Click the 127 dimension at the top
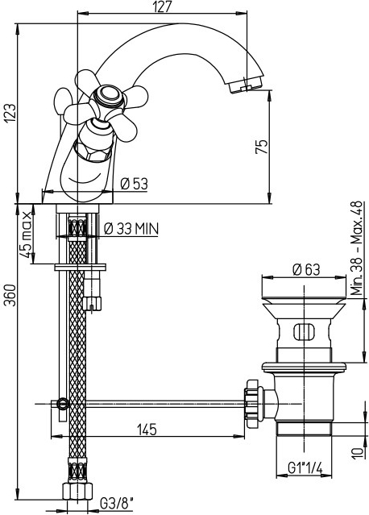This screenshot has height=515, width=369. click(163, 6)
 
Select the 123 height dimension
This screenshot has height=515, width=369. click(10, 114)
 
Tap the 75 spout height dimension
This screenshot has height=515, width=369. click(262, 147)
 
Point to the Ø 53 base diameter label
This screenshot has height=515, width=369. click(134, 184)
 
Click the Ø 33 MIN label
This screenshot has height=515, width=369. click(131, 229)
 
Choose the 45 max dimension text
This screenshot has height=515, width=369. click(27, 235)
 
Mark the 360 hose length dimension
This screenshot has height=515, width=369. click(10, 295)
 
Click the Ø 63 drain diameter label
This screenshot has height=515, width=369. click(306, 270)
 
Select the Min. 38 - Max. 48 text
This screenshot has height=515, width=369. click(356, 248)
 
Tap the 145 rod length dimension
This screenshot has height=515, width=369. click(147, 430)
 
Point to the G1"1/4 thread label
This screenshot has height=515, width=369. click(305, 468)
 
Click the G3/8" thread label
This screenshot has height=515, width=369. click(117, 503)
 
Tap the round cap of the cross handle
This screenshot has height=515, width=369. click(108, 96)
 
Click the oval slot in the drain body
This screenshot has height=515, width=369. click(304, 332)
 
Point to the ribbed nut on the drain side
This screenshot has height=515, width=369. click(254, 404)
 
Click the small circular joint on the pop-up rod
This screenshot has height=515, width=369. click(62, 403)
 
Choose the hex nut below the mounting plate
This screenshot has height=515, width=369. click(92, 303)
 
